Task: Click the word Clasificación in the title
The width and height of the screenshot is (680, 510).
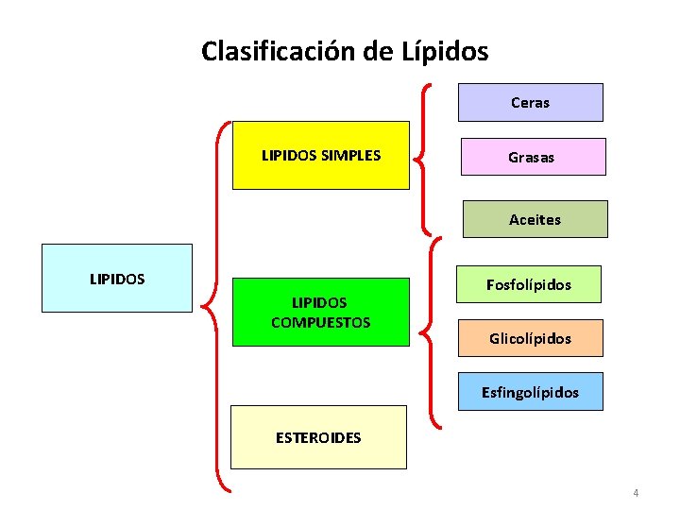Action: [279, 51]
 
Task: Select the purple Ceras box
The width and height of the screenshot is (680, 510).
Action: [530, 102]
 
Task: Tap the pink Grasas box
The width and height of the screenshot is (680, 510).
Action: [532, 157]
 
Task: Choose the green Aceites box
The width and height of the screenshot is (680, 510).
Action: [535, 219]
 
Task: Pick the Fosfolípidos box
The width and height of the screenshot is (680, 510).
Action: [529, 283]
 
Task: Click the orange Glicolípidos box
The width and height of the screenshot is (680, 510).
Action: [530, 338]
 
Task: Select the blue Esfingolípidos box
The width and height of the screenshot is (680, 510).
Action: [530, 391]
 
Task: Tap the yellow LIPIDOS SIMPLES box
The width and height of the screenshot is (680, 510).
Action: [321, 155]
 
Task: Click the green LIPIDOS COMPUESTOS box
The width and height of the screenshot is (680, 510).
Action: [321, 312]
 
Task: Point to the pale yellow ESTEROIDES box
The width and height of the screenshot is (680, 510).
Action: [321, 437]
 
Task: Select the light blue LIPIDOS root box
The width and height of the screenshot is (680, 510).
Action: [117, 279]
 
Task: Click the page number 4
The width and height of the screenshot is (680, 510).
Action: [636, 492]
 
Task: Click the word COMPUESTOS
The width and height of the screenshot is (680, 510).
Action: [321, 322]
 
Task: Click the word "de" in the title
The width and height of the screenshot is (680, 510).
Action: [378, 51]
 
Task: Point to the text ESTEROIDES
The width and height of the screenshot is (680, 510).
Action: [318, 437]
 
